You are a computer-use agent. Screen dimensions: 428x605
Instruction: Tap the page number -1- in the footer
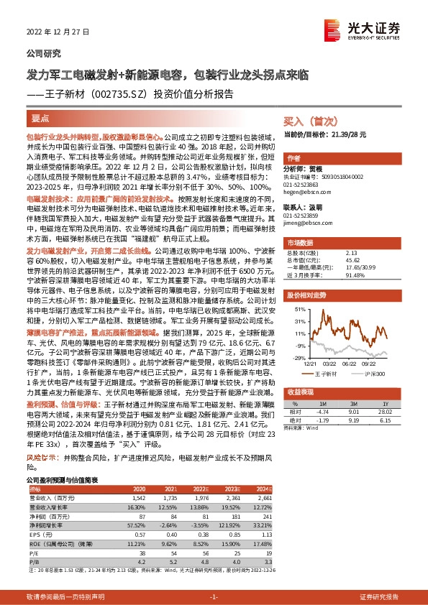point(214,597)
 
